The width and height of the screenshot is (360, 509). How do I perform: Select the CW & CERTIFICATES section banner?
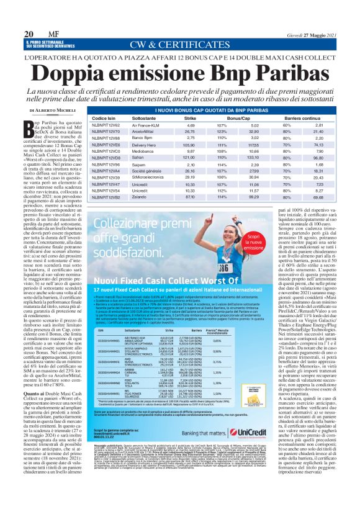pyautogui.click(x=179, y=45)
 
